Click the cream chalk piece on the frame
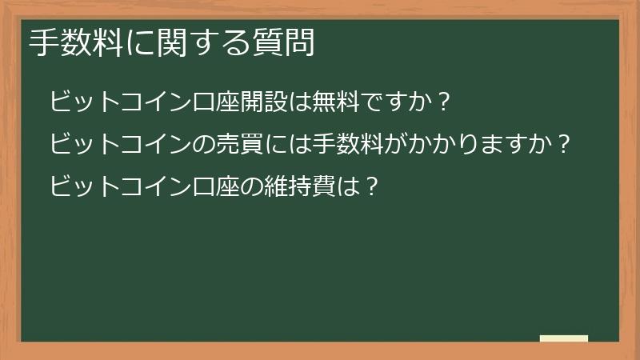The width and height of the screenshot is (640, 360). pos(564,338)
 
